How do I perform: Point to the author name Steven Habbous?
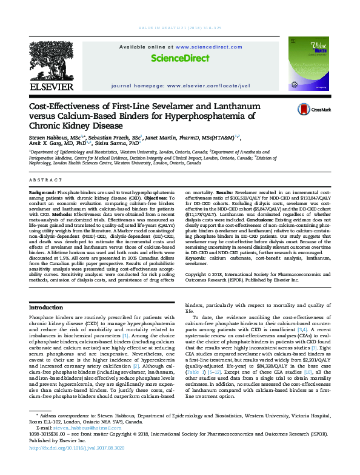(50, 138)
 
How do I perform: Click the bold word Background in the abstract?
(44, 191)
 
